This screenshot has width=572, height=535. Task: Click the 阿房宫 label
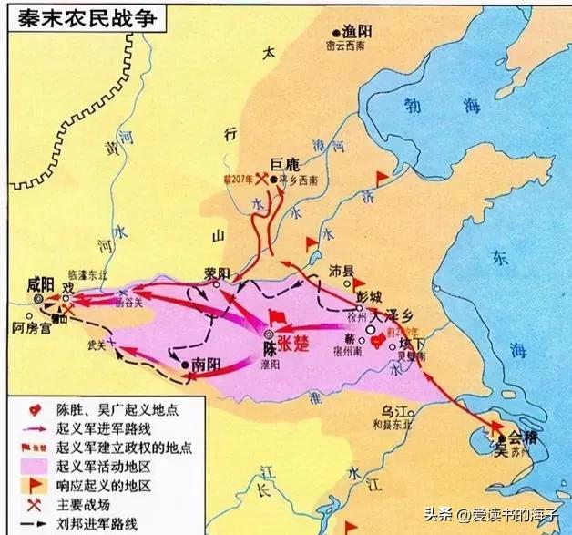click(32, 325)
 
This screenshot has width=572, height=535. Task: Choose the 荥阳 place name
click(218, 272)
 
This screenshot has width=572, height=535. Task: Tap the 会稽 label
click(516, 436)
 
